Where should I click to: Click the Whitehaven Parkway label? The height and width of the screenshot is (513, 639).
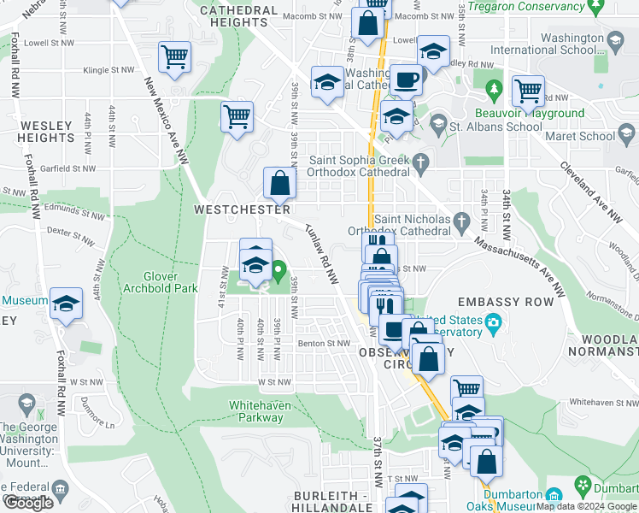[x=255, y=411]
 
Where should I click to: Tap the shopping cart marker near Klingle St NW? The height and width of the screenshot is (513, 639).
[x=174, y=58]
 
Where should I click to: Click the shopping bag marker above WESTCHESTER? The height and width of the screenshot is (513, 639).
[x=279, y=183]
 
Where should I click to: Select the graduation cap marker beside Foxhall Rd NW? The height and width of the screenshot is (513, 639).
[x=66, y=305]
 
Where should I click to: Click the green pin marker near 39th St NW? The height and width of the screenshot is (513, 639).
[x=278, y=273]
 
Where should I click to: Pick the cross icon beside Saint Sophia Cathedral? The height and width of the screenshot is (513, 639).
[x=419, y=162]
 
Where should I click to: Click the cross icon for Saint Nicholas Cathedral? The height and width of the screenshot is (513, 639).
[x=462, y=223]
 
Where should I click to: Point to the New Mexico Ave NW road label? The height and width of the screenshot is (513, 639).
[x=167, y=121]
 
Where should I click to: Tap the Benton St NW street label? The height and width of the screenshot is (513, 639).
[x=324, y=344]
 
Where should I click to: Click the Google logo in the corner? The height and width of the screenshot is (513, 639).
[x=28, y=503]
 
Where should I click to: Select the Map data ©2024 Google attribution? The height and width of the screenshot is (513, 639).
[x=586, y=506]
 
